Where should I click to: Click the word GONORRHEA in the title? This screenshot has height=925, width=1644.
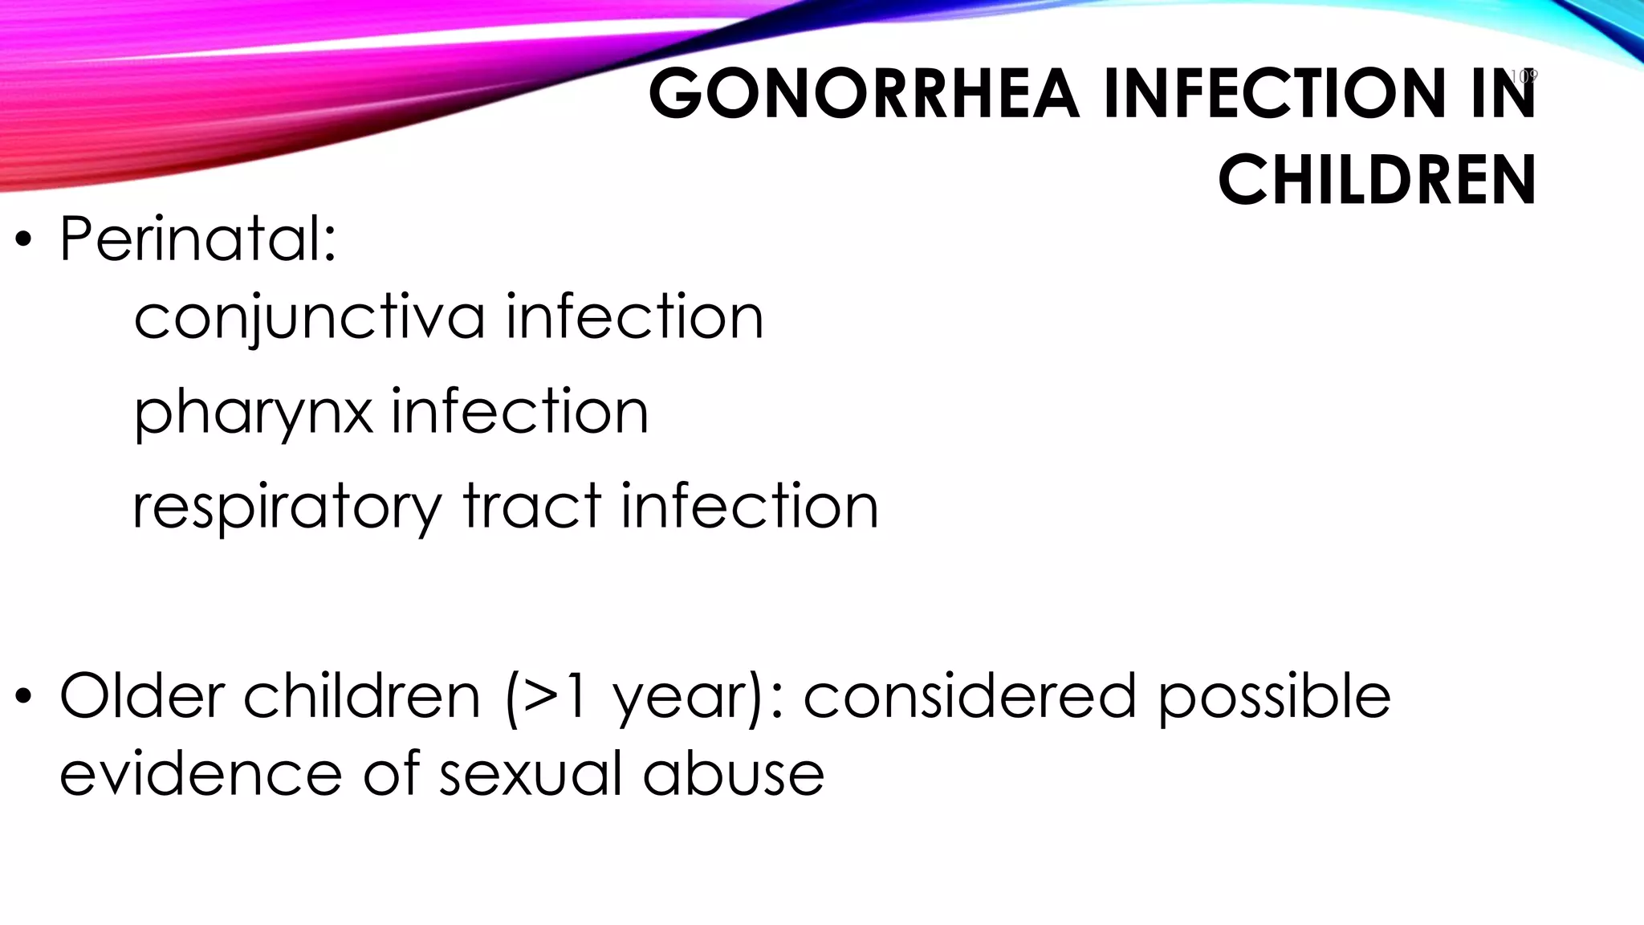point(864,94)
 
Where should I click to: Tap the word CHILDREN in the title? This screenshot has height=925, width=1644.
point(1377,180)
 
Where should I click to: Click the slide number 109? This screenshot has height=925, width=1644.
point(1523,76)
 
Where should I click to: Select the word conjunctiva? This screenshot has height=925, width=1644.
point(309,318)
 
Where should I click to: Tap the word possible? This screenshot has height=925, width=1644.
point(1274,697)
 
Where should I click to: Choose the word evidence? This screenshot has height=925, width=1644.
point(201,773)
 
